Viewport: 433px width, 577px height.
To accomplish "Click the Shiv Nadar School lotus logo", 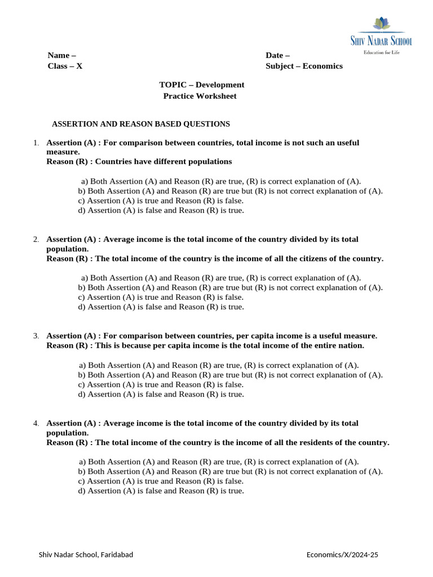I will coord(382,24).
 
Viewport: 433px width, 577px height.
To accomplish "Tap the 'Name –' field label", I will coord(61,55).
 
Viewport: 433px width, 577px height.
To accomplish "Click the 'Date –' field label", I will coord(277,55).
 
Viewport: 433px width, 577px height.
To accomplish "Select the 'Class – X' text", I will coord(65,66).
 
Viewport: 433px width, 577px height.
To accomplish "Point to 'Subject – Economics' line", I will coord(304,66).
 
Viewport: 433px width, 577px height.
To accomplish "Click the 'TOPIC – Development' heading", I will coord(201,85).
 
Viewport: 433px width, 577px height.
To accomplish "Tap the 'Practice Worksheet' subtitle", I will coord(200,96).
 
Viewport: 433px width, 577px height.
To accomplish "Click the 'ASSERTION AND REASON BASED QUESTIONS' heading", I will coord(140,123).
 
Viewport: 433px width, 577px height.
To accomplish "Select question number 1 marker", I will coord(36,143).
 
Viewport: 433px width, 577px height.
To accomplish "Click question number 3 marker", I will coord(36,336).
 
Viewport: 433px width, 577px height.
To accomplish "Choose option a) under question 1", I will coord(221,181).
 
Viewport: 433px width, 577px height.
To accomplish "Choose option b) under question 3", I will coord(230,375).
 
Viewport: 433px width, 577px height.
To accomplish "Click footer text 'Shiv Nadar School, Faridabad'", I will coord(86,555).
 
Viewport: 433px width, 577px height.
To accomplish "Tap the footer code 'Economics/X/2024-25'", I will coord(342,555).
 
